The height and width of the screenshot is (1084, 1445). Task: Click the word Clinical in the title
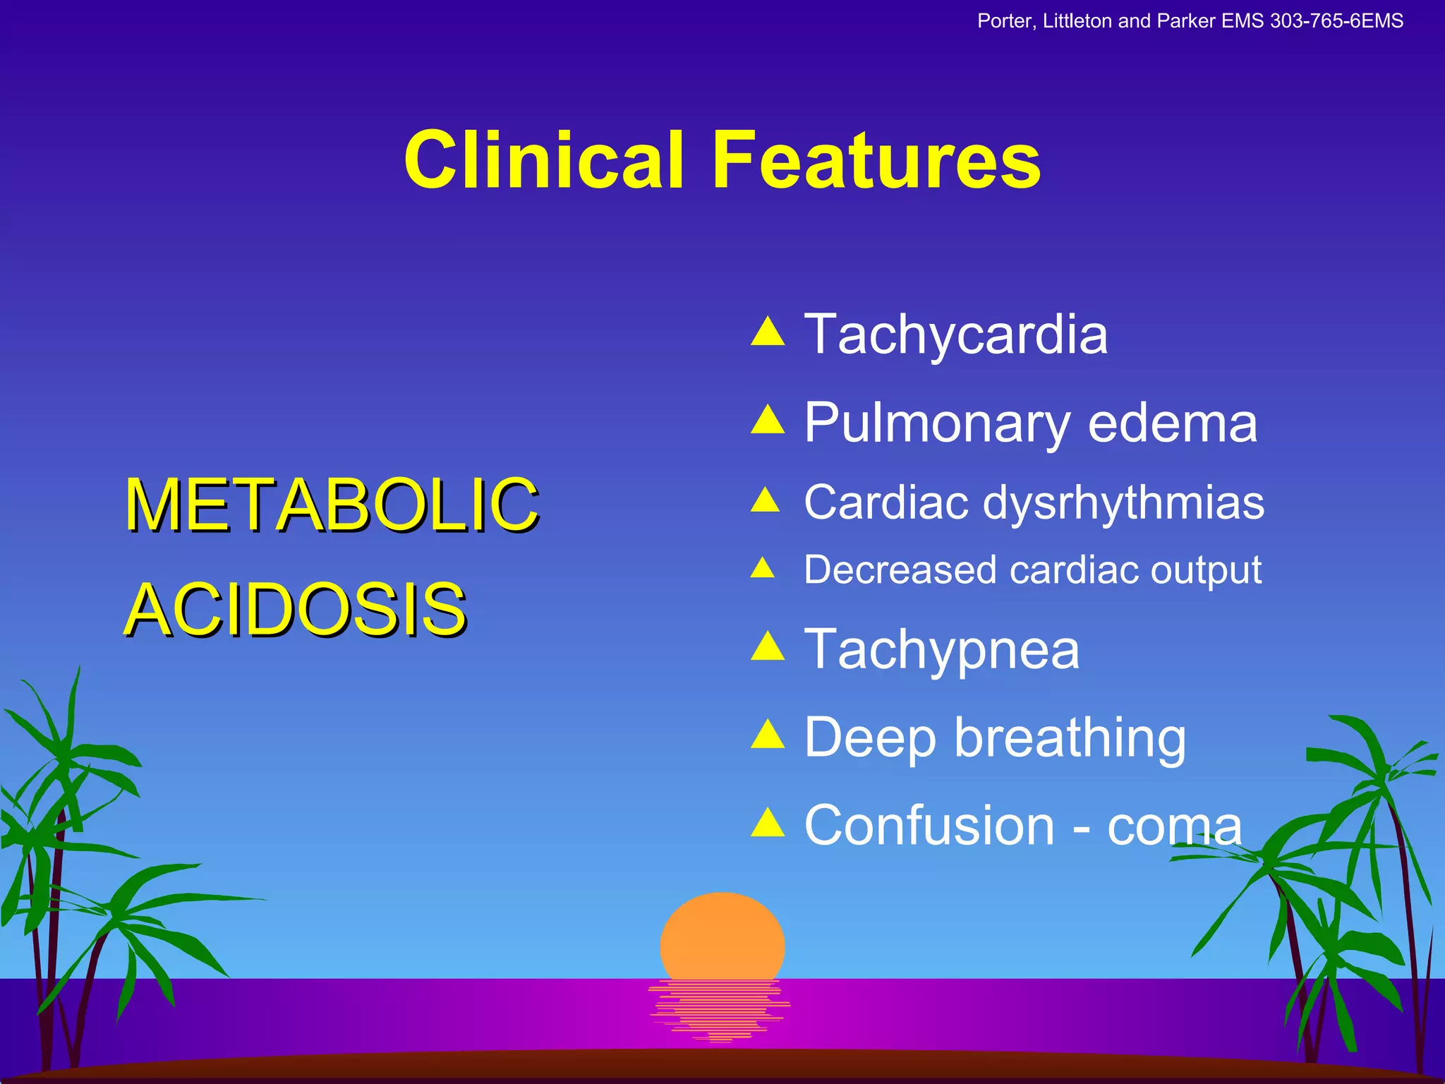point(543,160)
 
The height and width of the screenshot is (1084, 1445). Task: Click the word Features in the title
point(876,160)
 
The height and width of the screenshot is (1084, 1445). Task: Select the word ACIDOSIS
point(295,609)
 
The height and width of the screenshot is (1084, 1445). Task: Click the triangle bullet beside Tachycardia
point(768,332)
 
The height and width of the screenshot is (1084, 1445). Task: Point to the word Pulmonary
point(937,423)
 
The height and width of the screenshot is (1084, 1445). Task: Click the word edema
point(1173,423)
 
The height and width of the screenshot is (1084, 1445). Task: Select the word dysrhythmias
point(1123,504)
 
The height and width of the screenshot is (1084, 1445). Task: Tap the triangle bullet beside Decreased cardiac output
point(763,567)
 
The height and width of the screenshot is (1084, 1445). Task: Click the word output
point(1206,570)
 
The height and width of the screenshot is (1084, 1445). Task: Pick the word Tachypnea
point(941,650)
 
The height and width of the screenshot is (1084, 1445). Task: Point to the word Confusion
point(929,826)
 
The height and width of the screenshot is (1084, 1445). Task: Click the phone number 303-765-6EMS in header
point(1336,21)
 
